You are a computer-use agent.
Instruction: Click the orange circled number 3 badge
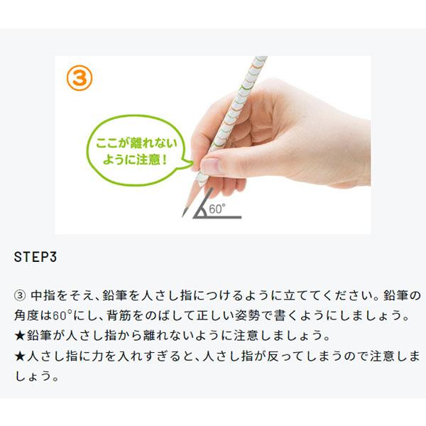click(x=80, y=78)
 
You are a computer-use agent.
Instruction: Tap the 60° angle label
click(x=217, y=209)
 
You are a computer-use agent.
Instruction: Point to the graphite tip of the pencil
click(x=185, y=212)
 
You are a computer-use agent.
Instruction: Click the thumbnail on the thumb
click(x=210, y=165)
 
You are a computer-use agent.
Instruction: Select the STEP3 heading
click(x=35, y=257)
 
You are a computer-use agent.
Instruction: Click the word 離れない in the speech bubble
click(x=154, y=143)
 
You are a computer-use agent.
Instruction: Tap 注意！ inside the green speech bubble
click(x=151, y=160)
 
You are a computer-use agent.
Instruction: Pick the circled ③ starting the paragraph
click(x=20, y=295)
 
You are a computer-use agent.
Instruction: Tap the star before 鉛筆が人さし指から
click(x=20, y=336)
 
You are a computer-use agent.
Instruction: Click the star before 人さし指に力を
click(x=20, y=356)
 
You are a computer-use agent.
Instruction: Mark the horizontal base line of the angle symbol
click(x=217, y=217)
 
